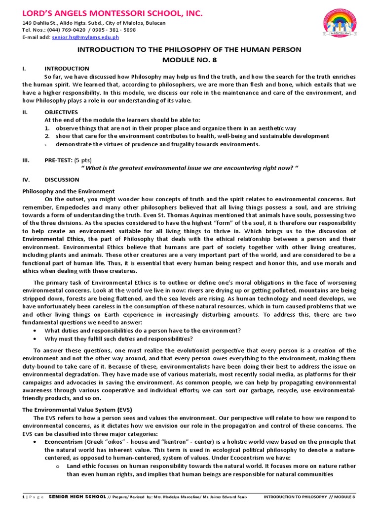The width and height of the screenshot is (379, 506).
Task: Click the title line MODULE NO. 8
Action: [x=189, y=60]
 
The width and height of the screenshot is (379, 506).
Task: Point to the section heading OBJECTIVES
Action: [x=61, y=112]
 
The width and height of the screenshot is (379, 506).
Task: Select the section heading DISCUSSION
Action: [x=62, y=180]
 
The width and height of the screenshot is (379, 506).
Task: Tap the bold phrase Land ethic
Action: [x=81, y=466]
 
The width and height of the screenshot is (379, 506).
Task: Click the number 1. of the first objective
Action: [x=47, y=128]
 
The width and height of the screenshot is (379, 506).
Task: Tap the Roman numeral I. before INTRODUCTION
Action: [x=24, y=69]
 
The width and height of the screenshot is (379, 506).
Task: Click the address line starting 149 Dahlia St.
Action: [x=94, y=23]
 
